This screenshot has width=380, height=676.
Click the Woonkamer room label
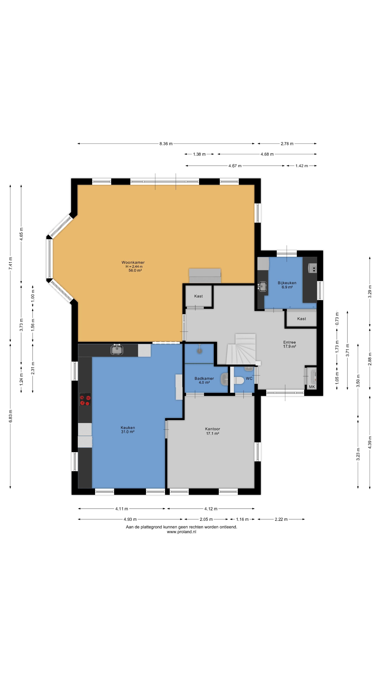133,262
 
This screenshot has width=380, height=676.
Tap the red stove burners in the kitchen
85,399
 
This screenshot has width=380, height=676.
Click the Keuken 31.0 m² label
128,430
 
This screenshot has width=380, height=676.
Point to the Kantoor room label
212,429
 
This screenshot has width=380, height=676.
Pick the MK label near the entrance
312,387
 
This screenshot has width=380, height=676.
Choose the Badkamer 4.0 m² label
204,380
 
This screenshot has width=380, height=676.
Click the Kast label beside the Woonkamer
198,296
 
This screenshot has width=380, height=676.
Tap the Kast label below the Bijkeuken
302,319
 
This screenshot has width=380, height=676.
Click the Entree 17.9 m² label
290,344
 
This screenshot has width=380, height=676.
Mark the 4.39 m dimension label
370,442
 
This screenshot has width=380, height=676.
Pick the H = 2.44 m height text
134,266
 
